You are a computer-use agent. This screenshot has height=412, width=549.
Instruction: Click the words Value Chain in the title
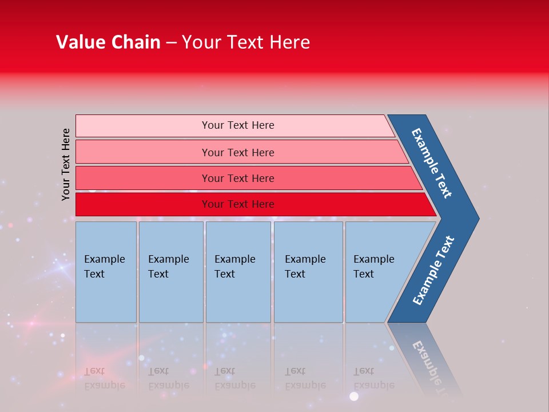coord(108,42)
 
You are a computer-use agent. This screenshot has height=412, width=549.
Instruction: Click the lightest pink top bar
coord(143,126)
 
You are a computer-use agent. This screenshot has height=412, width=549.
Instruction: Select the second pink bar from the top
coord(143,152)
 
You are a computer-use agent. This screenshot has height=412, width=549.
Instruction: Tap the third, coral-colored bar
coord(143,178)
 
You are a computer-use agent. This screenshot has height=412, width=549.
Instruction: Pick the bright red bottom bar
coord(143,204)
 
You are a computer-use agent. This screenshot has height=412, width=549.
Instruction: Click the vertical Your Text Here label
coord(66,164)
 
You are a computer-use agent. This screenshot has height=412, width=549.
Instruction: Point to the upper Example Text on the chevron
coord(432,163)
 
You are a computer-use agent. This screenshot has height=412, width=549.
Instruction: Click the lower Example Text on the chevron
coord(433,270)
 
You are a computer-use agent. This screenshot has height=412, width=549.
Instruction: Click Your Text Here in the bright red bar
coord(238,204)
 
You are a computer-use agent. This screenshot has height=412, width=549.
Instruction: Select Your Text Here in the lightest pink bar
coord(238,125)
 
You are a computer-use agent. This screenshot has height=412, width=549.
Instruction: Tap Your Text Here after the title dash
coord(246,42)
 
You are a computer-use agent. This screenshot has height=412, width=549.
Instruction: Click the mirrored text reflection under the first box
coord(104,378)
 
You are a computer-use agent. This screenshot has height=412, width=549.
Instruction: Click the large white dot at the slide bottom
coord(354,396)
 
